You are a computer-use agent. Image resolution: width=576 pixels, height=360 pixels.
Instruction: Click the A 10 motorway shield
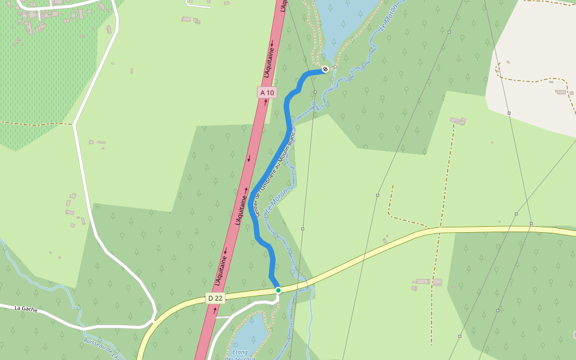coord(267,92)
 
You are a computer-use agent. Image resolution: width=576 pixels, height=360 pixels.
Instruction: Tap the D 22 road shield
coord(215,298)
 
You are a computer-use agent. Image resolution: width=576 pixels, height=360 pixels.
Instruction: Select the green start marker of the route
coord(278,290)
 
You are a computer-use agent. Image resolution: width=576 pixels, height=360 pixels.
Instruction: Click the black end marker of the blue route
coord(325,69)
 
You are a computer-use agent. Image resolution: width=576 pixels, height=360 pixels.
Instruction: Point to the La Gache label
coord(26,308)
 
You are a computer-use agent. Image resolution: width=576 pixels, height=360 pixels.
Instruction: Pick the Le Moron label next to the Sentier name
coord(275,203)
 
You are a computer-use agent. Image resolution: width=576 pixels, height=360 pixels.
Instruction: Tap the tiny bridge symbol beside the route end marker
coord(335,67)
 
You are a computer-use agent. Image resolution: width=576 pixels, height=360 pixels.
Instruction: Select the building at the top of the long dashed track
coord(458,121)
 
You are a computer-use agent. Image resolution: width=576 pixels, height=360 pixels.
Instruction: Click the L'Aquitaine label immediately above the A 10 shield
coord(269,61)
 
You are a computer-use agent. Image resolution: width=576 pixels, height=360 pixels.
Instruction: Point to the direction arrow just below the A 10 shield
coord(265,102)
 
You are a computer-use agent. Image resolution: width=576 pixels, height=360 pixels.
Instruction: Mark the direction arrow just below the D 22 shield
coord(215,310)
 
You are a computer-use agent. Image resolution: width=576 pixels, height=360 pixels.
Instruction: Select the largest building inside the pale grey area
coord(561,92)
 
